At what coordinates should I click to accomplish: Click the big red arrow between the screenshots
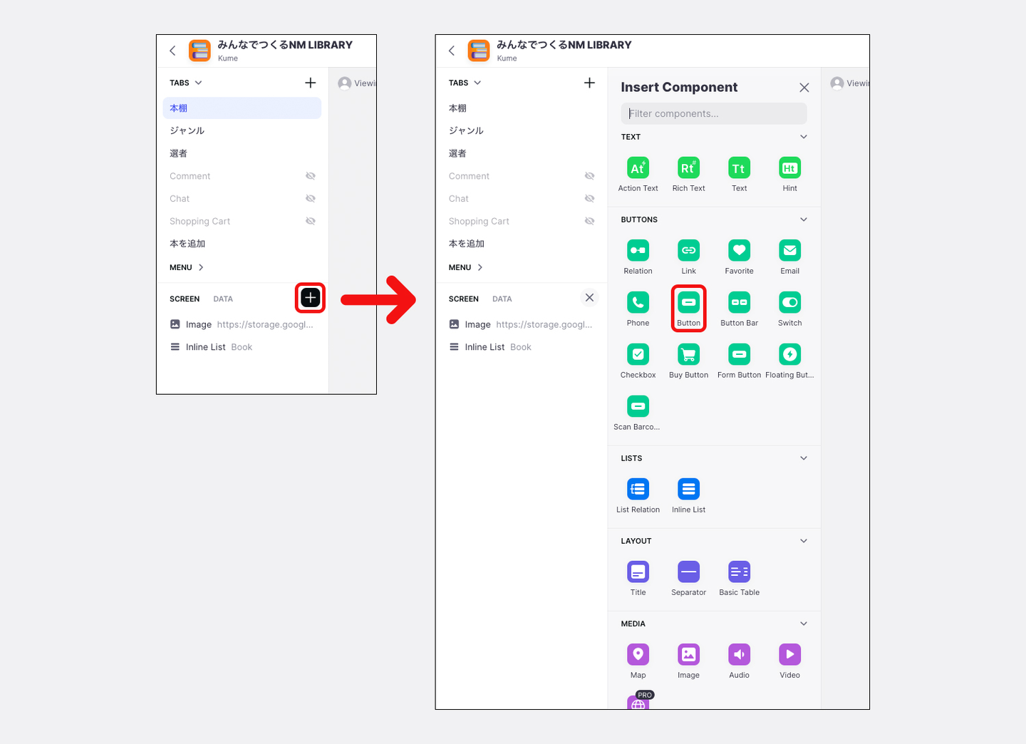point(378,300)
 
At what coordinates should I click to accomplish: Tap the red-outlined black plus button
point(310,298)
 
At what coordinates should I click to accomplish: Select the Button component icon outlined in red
point(688,302)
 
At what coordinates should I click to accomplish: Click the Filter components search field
point(714,113)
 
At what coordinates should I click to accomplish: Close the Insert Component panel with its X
point(804,88)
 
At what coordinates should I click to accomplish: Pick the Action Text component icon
point(638,167)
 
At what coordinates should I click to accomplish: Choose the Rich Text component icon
point(688,167)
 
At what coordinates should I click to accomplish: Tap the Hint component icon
point(789,167)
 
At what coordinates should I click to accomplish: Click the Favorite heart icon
point(740,250)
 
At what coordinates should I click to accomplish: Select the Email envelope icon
point(789,250)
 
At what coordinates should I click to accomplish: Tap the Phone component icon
point(638,302)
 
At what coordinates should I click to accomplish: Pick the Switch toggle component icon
point(789,302)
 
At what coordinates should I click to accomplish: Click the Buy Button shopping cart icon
point(688,354)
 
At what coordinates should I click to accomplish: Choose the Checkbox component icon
point(638,354)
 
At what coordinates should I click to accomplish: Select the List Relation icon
point(638,489)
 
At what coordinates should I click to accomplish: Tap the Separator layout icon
point(688,572)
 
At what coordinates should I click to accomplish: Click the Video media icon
point(789,654)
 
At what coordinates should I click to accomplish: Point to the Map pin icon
point(638,654)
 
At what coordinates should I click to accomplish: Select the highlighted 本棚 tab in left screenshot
point(242,108)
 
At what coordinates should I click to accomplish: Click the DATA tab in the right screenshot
point(502,299)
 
